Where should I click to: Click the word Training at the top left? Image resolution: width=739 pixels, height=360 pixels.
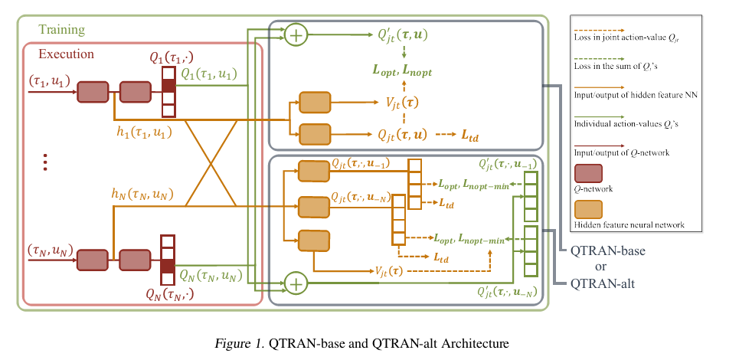click(61, 31)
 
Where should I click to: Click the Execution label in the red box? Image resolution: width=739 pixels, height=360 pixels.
click(66, 54)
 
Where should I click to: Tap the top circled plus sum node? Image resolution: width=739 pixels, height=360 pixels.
click(295, 35)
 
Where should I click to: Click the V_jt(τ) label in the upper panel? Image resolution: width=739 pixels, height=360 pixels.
click(401, 101)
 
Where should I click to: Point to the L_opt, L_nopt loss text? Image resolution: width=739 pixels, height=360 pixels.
click(402, 71)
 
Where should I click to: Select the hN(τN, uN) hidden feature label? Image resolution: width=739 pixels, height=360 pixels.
click(145, 195)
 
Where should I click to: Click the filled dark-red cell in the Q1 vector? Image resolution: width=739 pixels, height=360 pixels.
click(168, 86)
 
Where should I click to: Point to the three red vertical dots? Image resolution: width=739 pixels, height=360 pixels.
click(45, 162)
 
